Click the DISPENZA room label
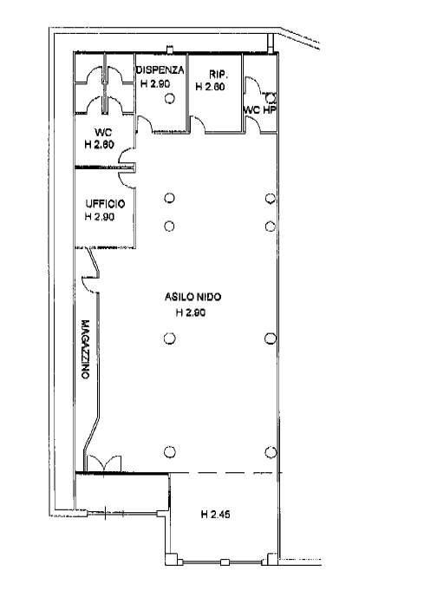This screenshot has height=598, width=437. (x=160, y=70)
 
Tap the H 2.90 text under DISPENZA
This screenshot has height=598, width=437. (x=155, y=83)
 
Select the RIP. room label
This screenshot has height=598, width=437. (x=218, y=74)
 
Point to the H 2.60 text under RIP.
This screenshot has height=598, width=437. (x=210, y=87)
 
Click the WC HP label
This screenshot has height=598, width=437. (x=260, y=110)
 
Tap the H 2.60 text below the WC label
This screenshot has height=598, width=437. (x=100, y=145)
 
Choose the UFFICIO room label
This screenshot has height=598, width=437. (x=105, y=204)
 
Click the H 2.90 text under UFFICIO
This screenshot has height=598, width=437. (x=100, y=217)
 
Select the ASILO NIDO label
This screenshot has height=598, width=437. (x=192, y=297)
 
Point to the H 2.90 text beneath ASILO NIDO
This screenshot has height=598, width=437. (x=191, y=312)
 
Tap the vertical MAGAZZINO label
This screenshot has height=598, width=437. (x=85, y=349)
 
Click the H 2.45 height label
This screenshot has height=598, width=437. (x=215, y=515)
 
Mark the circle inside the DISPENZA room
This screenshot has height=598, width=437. (x=170, y=99)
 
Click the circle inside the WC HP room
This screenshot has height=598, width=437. (x=271, y=98)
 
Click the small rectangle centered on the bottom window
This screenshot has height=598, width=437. (x=225, y=562)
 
